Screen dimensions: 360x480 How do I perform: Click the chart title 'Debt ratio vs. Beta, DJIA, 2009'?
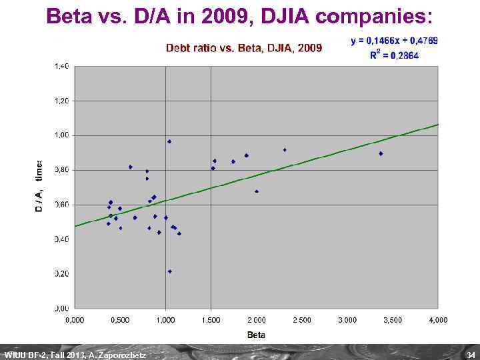click(243, 48)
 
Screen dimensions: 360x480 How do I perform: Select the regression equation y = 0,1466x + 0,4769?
click(394, 41)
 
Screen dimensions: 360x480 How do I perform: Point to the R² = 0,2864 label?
click(394, 55)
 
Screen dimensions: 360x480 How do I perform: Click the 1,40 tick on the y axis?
click(61, 66)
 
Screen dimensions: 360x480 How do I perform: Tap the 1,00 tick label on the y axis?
click(61, 135)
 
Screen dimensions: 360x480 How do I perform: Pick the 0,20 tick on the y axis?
click(61, 274)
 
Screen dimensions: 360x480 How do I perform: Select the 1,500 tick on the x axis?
click(211, 320)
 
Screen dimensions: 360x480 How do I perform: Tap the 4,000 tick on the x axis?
click(438, 320)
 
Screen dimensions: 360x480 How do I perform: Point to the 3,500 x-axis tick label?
click(393, 320)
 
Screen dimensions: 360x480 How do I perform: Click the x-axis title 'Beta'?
click(256, 335)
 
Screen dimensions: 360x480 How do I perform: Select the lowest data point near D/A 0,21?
click(170, 271)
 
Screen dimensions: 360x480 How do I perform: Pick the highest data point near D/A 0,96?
click(169, 141)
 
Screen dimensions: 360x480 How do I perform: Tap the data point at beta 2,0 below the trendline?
click(257, 191)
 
